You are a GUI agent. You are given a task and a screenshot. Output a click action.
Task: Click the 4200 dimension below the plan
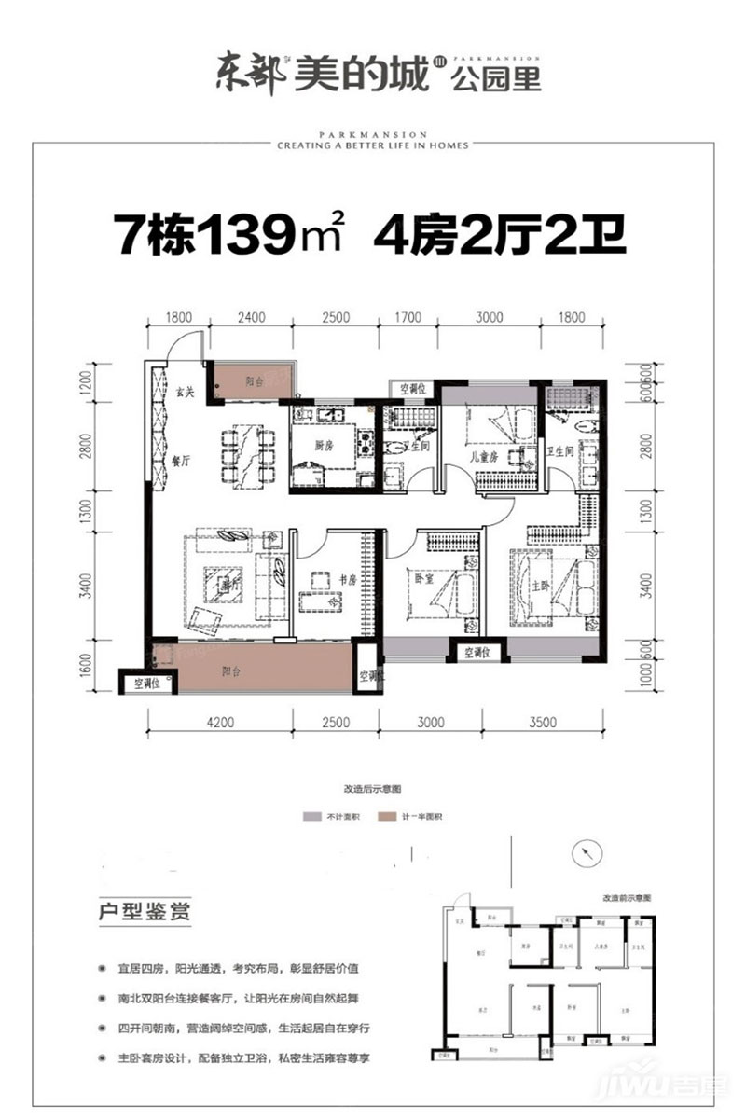click(x=221, y=722)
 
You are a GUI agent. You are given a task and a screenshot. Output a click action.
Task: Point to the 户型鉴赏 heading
click(x=145, y=912)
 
